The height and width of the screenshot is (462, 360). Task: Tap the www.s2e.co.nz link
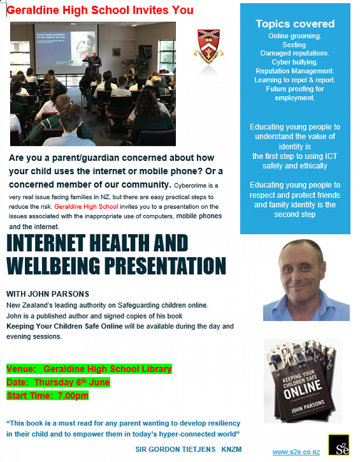296,452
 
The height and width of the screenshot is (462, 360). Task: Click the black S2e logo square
339,445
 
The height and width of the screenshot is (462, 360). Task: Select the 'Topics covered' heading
295,24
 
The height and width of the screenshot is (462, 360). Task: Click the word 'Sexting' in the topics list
294,44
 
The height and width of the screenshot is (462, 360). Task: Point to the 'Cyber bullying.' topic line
295,62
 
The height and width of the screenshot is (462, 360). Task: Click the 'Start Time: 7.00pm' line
48,395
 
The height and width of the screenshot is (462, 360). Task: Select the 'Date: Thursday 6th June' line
58,382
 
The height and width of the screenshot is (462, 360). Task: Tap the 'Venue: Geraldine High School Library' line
89,369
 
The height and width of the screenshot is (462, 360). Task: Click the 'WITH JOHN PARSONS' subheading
48,294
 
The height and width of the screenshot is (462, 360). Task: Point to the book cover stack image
303,381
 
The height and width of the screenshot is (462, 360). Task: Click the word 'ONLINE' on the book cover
303,389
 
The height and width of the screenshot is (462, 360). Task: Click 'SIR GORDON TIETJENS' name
175,450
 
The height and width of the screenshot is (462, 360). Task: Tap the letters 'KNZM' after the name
231,450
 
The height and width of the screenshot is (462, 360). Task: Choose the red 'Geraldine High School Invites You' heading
100,10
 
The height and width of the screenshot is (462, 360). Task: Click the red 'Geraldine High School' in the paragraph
86,207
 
